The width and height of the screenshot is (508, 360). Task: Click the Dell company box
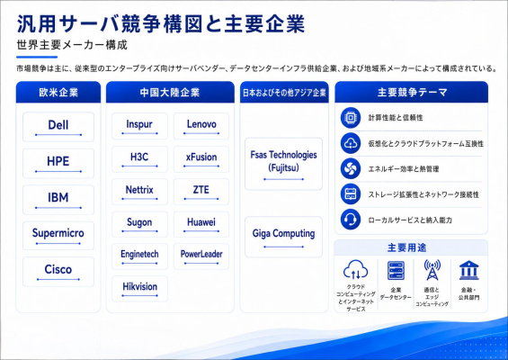coord(58,127)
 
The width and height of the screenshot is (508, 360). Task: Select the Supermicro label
coord(58,233)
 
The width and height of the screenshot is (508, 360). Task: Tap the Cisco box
coord(58,272)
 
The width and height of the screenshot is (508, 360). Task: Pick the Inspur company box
coord(139,126)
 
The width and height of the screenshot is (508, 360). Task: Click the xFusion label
coord(201,157)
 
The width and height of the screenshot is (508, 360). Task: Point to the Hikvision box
coord(139,289)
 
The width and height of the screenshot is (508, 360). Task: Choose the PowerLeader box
coord(201,256)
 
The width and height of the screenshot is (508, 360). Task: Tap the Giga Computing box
coord(283,237)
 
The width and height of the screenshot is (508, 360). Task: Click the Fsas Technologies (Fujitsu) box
coord(283,164)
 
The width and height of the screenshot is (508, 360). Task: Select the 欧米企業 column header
coord(58,92)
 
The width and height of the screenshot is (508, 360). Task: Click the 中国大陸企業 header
coord(170,92)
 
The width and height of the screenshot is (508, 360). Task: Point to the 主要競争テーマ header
coord(412,92)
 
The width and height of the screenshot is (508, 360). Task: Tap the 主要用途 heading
coord(407,247)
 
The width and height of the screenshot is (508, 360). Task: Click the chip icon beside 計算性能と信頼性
coord(351,118)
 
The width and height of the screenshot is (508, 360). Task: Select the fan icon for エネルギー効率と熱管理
coord(351,168)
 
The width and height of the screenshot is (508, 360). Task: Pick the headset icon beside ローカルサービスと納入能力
coord(351,220)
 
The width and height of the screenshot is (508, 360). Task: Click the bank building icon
coord(468,270)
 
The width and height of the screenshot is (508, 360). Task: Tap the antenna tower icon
coord(432,270)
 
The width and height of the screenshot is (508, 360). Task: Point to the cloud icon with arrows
coord(356,270)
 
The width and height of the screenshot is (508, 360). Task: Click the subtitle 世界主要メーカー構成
coord(72,45)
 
